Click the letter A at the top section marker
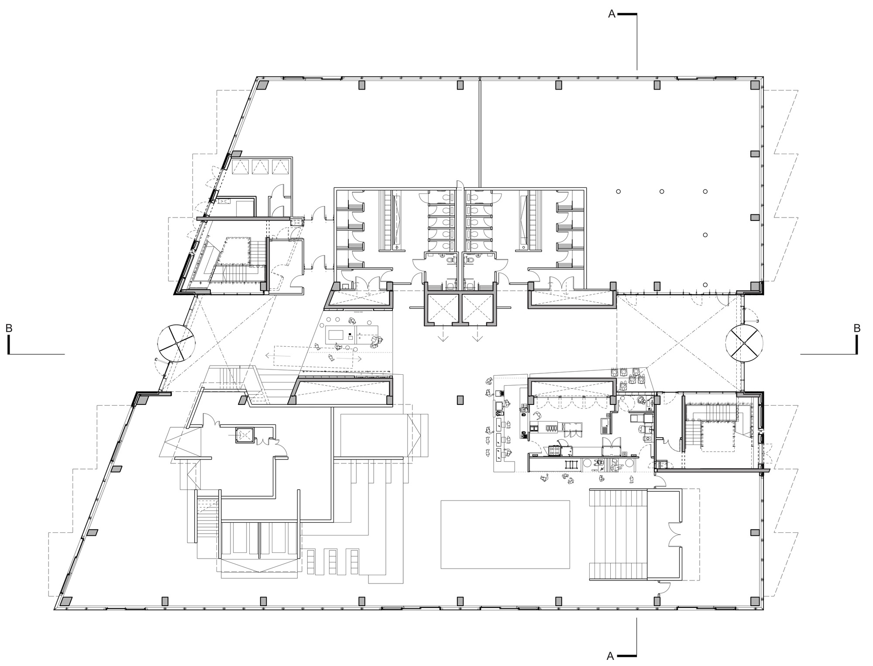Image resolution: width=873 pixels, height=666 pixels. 612,14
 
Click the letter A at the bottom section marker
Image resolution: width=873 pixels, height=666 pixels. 611,656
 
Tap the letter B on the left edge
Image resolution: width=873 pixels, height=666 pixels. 9,328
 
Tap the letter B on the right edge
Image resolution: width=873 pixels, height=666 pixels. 857,328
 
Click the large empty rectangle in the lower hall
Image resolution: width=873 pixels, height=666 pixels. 505,534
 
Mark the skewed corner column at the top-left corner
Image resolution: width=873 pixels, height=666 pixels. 263,86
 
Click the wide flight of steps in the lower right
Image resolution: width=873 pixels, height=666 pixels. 618,535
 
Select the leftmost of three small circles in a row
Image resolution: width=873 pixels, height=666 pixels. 618,191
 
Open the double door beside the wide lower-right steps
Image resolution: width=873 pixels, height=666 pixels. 674,535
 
